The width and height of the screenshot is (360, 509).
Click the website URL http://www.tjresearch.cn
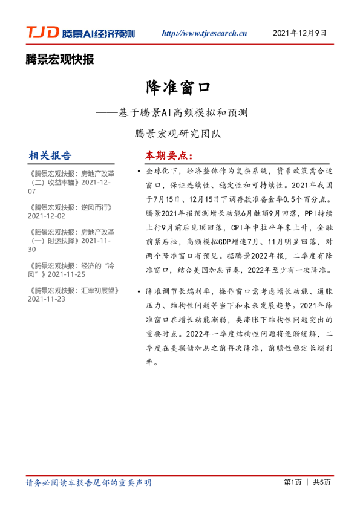(205, 34)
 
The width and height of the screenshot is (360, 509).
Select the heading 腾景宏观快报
(60, 59)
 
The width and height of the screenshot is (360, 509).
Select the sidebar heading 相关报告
(50, 155)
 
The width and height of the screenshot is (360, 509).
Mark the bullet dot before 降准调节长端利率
(140, 291)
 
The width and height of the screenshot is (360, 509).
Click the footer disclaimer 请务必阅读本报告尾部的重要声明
(88, 482)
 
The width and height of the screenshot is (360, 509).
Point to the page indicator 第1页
(293, 482)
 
